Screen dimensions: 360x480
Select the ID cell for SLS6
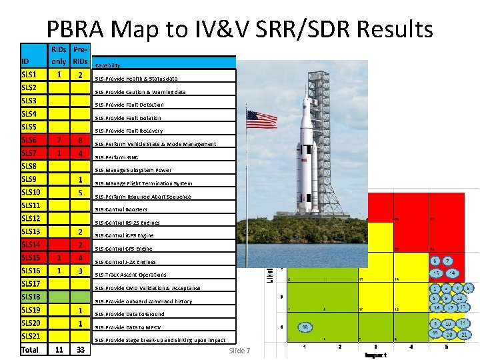pyautogui.click(x=31, y=140)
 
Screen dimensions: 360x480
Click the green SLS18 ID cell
pyautogui.click(x=31, y=297)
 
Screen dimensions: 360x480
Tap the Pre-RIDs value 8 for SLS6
pyautogui.click(x=80, y=140)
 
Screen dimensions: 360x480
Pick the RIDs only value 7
pyautogui.click(x=59, y=140)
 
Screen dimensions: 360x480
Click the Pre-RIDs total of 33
pyautogui.click(x=80, y=349)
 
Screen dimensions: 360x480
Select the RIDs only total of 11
pyautogui.click(x=59, y=349)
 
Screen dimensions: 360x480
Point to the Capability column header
pyautogui.click(x=108, y=65)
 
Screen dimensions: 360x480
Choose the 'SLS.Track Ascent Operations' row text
pyautogui.click(x=131, y=275)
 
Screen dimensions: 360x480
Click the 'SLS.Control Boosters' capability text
pyautogui.click(x=121, y=209)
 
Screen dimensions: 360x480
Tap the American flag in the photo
pyautogui.click(x=261, y=119)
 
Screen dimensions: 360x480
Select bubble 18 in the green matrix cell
pyautogui.click(x=305, y=327)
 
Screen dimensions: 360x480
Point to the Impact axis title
pyautogui.click(x=375, y=355)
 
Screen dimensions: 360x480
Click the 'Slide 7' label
pyautogui.click(x=239, y=351)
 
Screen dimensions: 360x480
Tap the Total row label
pyautogui.click(x=31, y=349)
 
